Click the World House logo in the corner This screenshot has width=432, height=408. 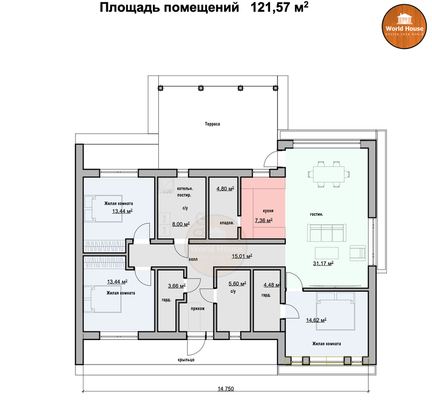coord(404,27)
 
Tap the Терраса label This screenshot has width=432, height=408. coord(213,124)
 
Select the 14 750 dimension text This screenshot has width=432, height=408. coord(226,389)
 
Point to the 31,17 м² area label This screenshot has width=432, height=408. coord(323,263)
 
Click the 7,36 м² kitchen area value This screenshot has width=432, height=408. coord(264,220)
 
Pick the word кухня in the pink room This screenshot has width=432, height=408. coord(268,211)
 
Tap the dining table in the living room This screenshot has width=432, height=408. coord(329,174)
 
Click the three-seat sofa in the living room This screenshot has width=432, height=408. coord(327,233)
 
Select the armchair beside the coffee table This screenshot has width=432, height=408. coord(358,253)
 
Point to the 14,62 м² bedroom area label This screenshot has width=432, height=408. coord(316,320)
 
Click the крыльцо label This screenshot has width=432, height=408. coord(187,360)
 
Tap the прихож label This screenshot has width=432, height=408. coord(198,309)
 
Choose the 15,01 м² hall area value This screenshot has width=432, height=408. coord(242,256)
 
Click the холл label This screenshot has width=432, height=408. coord(193,259)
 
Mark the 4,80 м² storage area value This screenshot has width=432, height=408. coord(225,189)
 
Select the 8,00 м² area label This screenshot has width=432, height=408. coord(181,224)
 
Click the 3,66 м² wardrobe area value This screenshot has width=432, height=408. coord(177,286)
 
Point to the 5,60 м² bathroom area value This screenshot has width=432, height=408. coord(238,284)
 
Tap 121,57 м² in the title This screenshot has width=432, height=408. coord(279,7)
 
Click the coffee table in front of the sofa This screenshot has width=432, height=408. coord(327,253)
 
